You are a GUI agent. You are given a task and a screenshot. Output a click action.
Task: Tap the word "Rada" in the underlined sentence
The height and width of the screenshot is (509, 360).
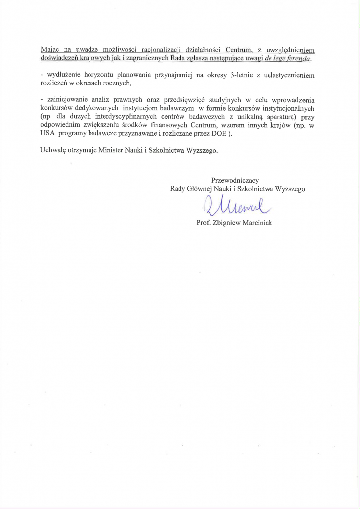pyautogui.click(x=187, y=58)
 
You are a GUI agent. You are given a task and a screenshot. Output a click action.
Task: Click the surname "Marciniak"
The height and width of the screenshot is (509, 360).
pyautogui.click(x=257, y=223)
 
